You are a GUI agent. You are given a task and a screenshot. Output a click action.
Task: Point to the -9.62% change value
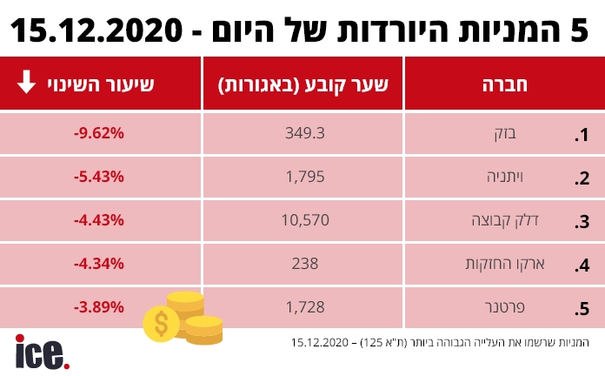coord(99,134)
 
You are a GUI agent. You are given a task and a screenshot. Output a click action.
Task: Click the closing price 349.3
coord(304,134)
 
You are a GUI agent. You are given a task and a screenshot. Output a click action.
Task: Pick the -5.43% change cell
coord(99,177)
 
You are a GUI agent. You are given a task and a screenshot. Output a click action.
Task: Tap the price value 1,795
coord(304,177)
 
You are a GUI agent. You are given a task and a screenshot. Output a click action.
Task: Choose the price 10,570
coord(304,220)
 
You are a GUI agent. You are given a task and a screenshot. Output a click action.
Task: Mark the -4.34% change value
coord(99,263)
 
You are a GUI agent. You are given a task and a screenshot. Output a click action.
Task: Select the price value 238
coord(304,263)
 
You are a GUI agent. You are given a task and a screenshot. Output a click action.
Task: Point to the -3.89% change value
coord(99,306)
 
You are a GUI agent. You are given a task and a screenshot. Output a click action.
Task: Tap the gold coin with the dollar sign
coord(162,324)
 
